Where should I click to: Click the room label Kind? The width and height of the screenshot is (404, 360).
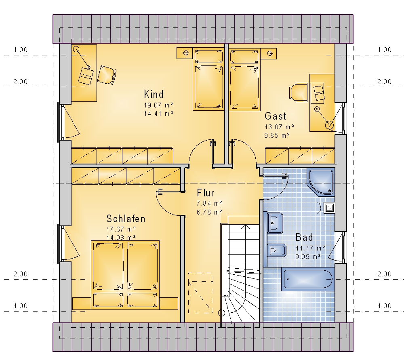coord(154,94)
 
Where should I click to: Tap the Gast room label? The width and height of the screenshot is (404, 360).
coord(275,116)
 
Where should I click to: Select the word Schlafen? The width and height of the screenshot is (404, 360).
coord(126,219)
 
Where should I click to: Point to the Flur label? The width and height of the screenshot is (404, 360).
coord(205,193)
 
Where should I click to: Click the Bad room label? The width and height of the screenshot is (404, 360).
coord(304,237)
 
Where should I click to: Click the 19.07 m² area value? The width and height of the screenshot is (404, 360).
coord(158,105)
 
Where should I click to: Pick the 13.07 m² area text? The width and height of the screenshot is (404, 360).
coord(279,127)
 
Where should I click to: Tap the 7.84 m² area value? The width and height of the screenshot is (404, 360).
coord(209,204)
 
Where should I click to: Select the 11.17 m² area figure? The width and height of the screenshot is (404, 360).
coord(310,248)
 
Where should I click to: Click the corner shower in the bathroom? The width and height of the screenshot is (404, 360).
coord(321,182)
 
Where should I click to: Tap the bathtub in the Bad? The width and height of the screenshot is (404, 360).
coord(307,279)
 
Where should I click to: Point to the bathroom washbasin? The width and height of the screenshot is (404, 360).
coord(275,223)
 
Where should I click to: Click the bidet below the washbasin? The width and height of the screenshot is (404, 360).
coord(277,250)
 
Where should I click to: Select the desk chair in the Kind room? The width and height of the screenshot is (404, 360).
coord(107,75)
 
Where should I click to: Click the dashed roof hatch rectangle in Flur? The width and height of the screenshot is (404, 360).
coord(201,293)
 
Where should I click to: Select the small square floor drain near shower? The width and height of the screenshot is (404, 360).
coord(330,208)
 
